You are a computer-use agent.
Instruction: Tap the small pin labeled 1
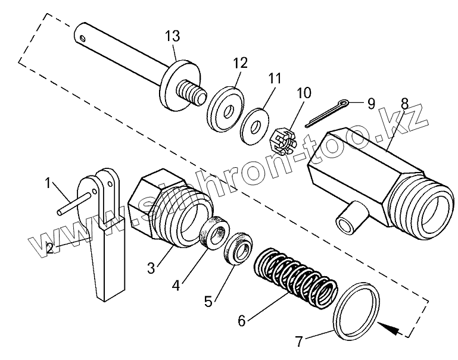pyautogui.click(x=77, y=202)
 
